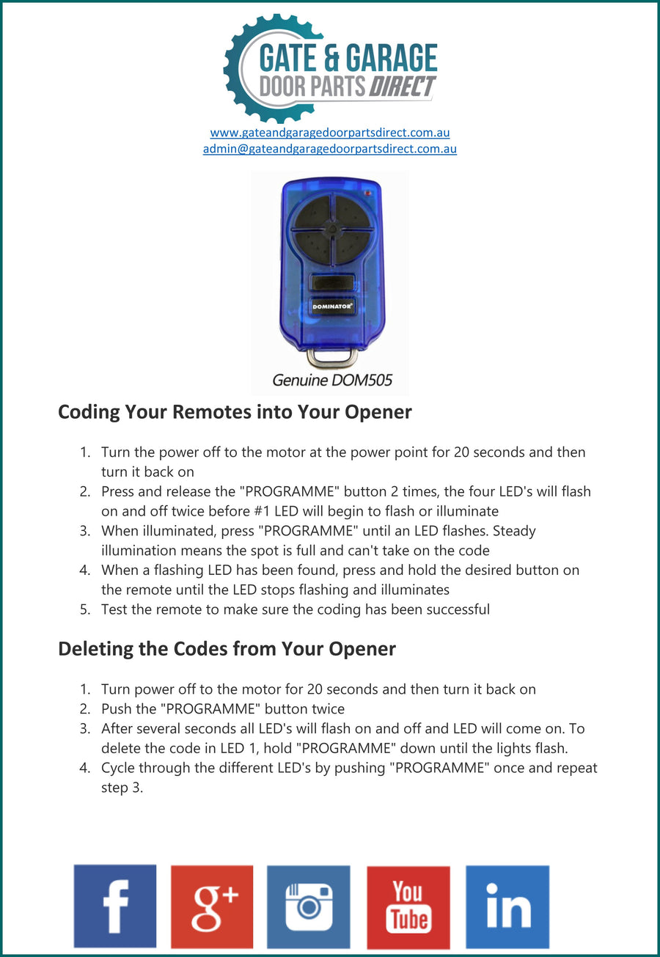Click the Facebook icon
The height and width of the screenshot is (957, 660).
pyautogui.click(x=115, y=906)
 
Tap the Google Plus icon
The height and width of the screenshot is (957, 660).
pyautogui.click(x=212, y=906)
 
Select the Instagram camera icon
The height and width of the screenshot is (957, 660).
pyautogui.click(x=309, y=906)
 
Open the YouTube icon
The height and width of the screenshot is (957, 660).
pyautogui.click(x=408, y=907)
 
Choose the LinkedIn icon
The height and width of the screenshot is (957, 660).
pyautogui.click(x=507, y=906)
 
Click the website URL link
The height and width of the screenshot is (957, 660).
pyautogui.click(x=330, y=133)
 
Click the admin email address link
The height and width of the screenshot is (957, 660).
pyautogui.click(x=330, y=148)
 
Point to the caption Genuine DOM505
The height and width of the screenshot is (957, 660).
pyautogui.click(x=332, y=380)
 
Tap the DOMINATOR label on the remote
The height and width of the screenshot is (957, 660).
pyautogui.click(x=331, y=306)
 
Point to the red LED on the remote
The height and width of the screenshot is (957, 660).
pyautogui.click(x=367, y=194)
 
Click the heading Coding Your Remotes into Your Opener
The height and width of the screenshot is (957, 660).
pyautogui.click(x=235, y=411)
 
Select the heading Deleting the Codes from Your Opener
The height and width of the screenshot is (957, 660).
pyautogui.click(x=227, y=648)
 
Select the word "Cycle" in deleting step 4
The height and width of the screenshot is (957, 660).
pyautogui.click(x=119, y=768)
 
